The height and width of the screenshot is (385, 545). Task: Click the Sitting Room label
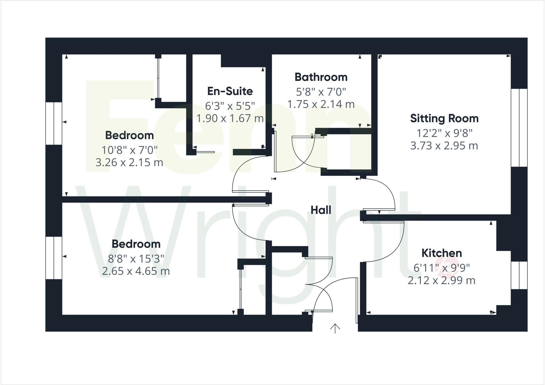tap(444, 118)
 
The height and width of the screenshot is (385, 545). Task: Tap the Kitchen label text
tap(441, 253)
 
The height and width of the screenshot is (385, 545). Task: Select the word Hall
tap(321, 210)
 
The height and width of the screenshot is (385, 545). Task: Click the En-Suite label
tap(230, 91)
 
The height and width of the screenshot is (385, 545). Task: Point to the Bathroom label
tap(321, 77)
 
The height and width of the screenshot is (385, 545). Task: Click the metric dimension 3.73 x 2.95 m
tap(444, 146)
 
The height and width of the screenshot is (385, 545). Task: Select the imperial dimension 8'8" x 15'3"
tap(136, 258)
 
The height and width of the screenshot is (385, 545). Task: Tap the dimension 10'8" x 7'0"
tap(129, 150)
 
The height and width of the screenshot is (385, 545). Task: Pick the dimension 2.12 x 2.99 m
tap(441, 280)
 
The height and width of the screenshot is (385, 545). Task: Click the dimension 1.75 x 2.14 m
tap(321, 104)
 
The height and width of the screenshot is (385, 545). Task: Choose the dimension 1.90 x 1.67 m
tap(230, 118)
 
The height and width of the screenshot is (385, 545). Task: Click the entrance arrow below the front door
tap(335, 329)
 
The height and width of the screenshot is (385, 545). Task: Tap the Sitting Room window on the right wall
tap(519, 128)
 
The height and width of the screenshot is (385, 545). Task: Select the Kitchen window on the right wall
tap(519, 275)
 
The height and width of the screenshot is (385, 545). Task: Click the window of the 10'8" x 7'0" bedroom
tap(54, 123)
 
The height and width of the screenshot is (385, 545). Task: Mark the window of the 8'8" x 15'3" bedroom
tap(54, 258)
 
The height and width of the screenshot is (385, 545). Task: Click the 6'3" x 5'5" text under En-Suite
tap(230, 106)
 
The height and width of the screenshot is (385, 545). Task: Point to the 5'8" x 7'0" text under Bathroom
tap(321, 92)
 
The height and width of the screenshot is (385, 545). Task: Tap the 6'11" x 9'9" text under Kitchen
tap(441, 268)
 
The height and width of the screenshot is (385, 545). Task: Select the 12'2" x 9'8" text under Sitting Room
tap(444, 133)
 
